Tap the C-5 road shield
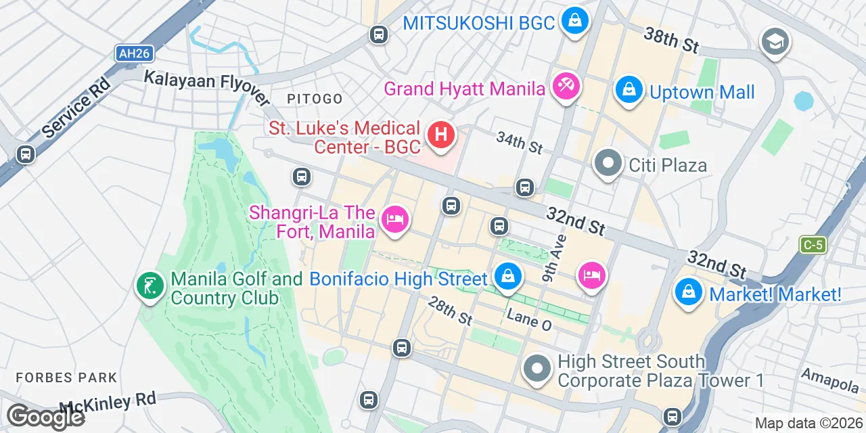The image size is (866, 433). tap(813, 244)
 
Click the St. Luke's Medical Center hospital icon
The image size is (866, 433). tap(440, 134)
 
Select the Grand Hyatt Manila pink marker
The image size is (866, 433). tap(566, 87)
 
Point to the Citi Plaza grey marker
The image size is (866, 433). tap(608, 163)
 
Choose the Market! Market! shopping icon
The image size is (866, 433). tap(688, 292)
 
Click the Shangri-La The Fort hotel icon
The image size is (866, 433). tap(395, 219)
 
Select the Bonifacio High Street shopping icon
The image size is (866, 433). tap(507, 275)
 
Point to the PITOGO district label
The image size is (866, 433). tap(315, 99)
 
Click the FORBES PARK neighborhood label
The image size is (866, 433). tap(66, 377)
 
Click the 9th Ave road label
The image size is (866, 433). tap(554, 259)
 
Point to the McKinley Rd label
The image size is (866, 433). tap(108, 403)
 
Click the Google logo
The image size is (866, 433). tap(45, 417)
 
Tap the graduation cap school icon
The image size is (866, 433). tap(775, 42)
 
